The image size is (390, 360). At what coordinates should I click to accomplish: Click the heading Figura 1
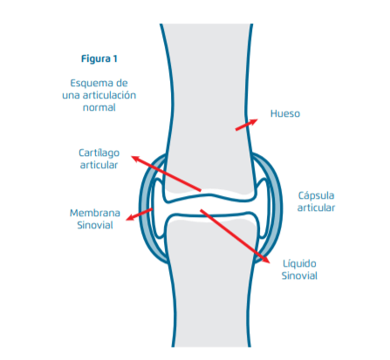(99, 58)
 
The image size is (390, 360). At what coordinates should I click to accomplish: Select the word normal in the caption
(99, 107)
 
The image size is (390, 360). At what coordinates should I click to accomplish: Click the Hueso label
(285, 113)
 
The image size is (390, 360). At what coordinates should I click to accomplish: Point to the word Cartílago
(99, 153)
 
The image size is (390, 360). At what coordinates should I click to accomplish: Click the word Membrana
(95, 213)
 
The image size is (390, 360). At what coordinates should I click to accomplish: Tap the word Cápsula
(316, 196)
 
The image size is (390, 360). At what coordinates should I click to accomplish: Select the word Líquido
(299, 264)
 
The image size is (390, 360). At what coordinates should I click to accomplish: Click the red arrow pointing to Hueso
(247, 125)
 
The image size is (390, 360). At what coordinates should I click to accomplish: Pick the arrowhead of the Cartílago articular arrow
(135, 159)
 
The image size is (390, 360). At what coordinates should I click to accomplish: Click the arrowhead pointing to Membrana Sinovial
(130, 217)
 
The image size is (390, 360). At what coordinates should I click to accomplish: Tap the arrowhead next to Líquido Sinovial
(266, 260)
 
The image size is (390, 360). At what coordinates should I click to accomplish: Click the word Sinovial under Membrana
(95, 225)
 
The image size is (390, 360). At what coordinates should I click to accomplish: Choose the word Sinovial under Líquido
(299, 275)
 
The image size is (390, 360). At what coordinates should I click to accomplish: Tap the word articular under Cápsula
(316, 207)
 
